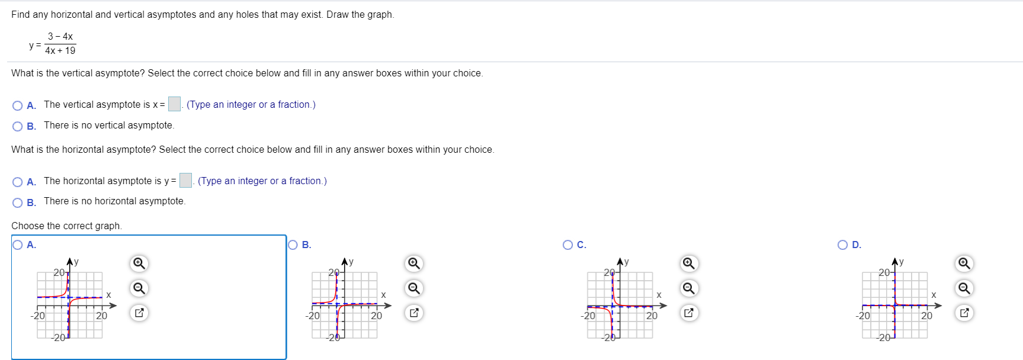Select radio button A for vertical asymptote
click(x=18, y=105)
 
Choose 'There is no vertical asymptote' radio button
click(x=18, y=126)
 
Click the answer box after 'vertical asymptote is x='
click(x=174, y=104)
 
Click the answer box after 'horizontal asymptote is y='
click(x=185, y=181)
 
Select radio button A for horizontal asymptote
click(x=18, y=182)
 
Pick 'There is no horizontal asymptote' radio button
click(x=18, y=202)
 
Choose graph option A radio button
click(x=18, y=245)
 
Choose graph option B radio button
click(x=293, y=245)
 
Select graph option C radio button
click(x=568, y=245)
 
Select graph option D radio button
click(x=843, y=245)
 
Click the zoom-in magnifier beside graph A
click(x=139, y=263)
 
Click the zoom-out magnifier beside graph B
click(x=413, y=288)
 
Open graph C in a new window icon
click(x=688, y=313)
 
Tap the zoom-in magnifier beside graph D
click(x=964, y=263)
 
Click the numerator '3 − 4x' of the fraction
click(x=60, y=36)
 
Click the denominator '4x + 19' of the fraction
click(x=60, y=51)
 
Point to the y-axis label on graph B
click(x=351, y=261)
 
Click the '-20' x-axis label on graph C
click(x=588, y=316)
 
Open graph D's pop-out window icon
click(x=964, y=313)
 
